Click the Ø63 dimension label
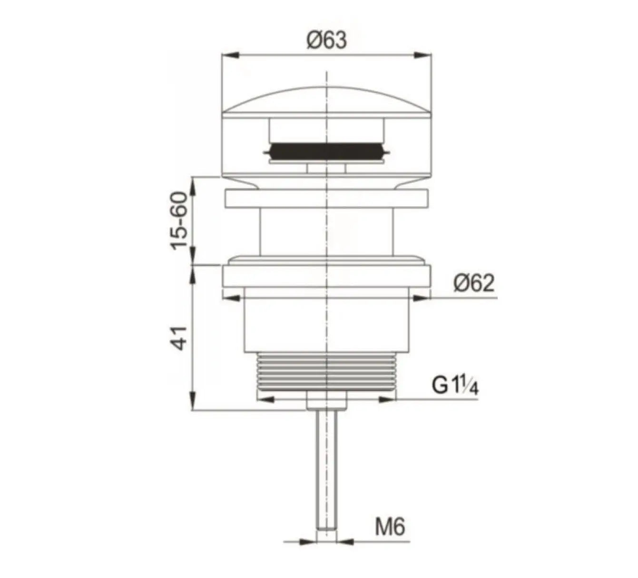tap(327, 40)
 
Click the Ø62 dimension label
tap(473, 284)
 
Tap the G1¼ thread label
tap(455, 386)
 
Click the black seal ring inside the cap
tap(326, 151)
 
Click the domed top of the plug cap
tap(326, 100)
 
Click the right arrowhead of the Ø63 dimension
tap(425, 55)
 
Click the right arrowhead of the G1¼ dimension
tap(387, 400)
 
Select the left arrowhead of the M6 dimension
tap(309, 542)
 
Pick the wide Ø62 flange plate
tap(326, 276)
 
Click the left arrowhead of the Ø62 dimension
tap(230, 299)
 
